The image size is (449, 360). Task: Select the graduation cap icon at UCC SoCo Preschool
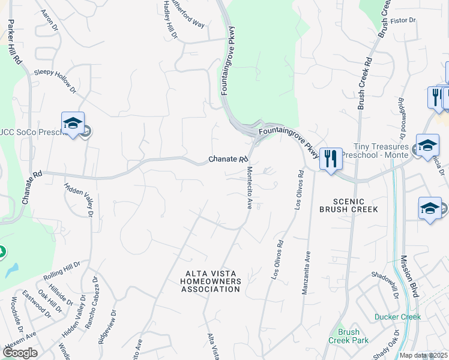click(73, 123)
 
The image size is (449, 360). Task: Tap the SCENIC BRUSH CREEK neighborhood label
click(349, 205)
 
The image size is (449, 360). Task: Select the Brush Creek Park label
click(348, 336)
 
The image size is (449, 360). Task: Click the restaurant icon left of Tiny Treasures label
click(331, 159)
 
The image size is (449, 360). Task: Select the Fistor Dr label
click(403, 20)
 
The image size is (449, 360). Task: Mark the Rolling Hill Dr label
click(62, 271)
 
